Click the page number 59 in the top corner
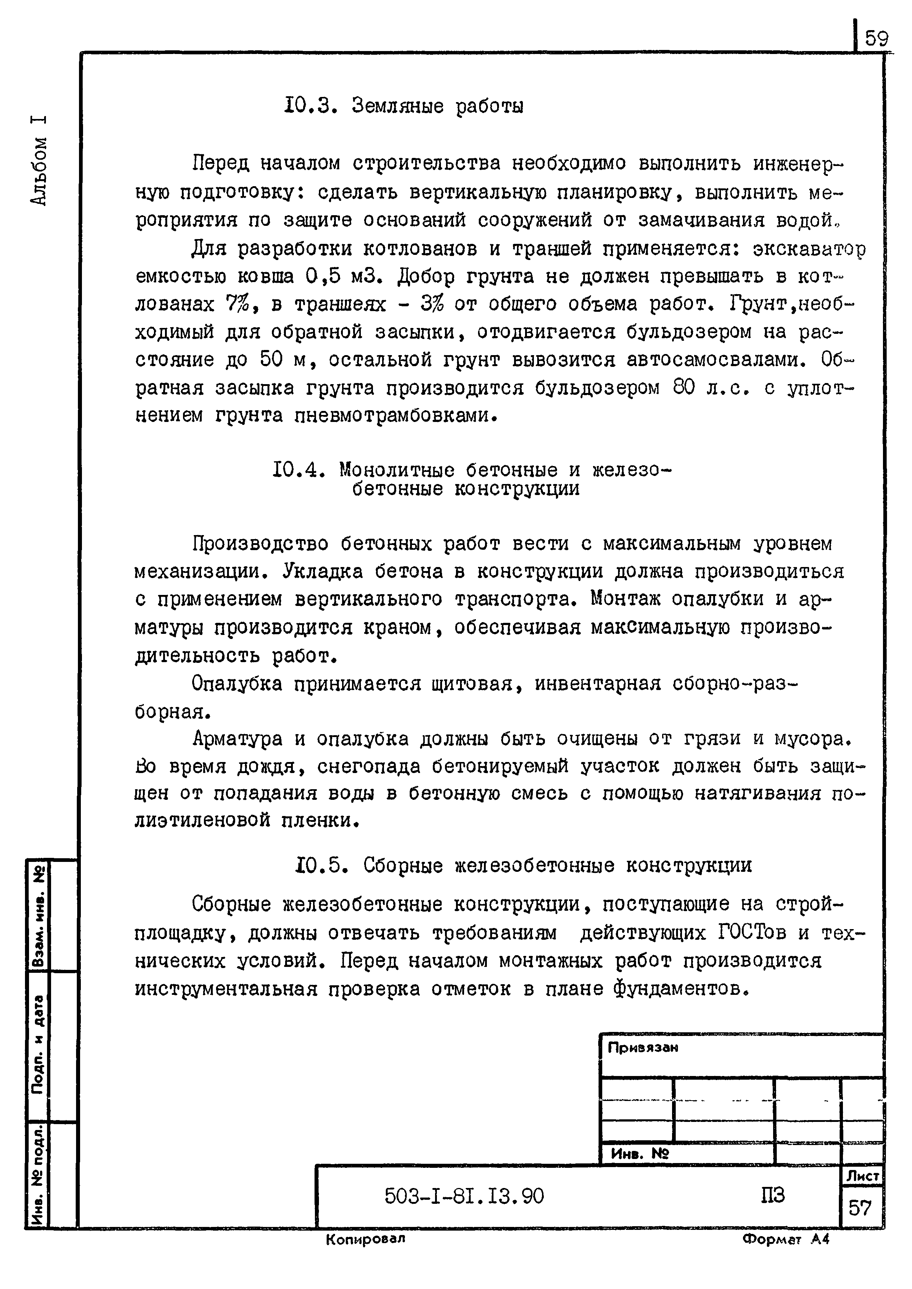click(876, 39)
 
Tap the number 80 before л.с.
click(684, 387)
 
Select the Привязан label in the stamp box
click(643, 1048)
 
